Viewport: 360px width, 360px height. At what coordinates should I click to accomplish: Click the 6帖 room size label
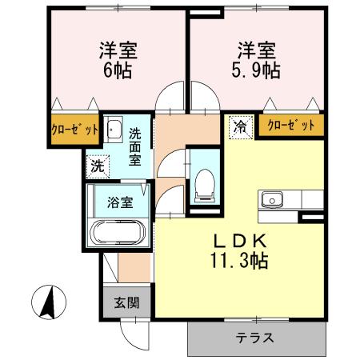(x=118, y=69)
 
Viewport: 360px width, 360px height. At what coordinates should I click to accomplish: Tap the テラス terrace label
(x=256, y=337)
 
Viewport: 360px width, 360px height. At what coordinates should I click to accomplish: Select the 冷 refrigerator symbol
(x=239, y=126)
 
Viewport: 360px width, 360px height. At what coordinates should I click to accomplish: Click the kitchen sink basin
(x=269, y=197)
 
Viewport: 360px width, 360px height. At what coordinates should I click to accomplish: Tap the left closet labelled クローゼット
(x=76, y=128)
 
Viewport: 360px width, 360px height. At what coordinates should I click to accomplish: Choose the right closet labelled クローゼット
(x=290, y=125)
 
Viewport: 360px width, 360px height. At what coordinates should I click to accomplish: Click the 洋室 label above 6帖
(x=118, y=49)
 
